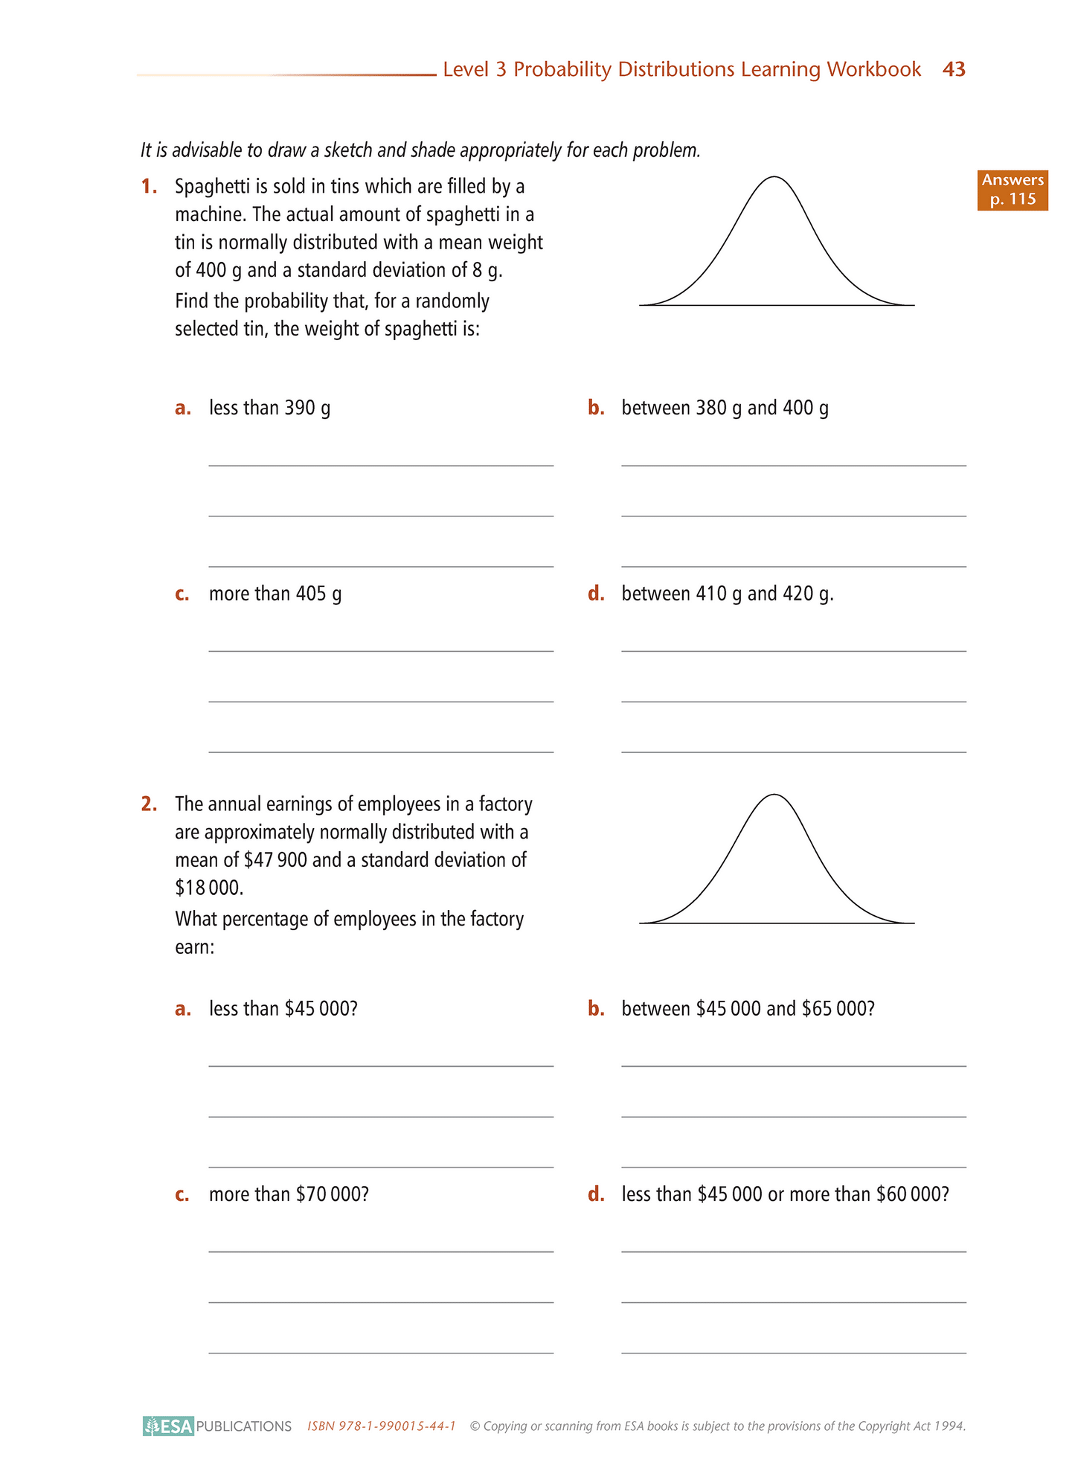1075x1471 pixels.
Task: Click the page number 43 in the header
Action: pyautogui.click(x=953, y=69)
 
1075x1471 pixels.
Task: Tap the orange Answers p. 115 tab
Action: pyautogui.click(x=1012, y=190)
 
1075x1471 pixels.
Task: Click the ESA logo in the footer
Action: pyautogui.click(x=169, y=1426)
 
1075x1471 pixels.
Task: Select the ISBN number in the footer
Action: pyautogui.click(x=381, y=1426)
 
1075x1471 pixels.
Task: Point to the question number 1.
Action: pyautogui.click(x=149, y=186)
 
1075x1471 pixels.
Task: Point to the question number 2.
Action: pyautogui.click(x=149, y=804)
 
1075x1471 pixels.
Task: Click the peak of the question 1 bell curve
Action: pyautogui.click(x=774, y=177)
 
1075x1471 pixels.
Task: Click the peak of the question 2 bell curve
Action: pyautogui.click(x=774, y=795)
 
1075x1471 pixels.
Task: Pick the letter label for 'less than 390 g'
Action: pyautogui.click(x=182, y=408)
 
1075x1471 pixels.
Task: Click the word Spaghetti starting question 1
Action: pyautogui.click(x=212, y=187)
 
